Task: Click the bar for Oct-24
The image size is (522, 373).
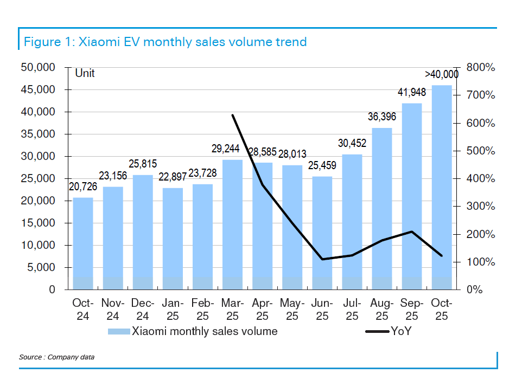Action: tap(83, 243)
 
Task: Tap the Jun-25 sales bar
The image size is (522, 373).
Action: tap(322, 233)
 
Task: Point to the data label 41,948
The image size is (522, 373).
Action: tap(411, 93)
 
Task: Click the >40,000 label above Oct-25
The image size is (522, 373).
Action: tap(441, 74)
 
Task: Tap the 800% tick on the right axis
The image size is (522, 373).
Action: tap(480, 68)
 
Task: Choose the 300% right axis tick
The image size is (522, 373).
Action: tap(480, 207)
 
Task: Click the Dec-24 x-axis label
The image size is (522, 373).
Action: tap(143, 309)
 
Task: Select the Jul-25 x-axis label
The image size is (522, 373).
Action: tap(352, 309)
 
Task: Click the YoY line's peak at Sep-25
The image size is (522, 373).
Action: tap(412, 232)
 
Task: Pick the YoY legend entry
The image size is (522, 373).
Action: tap(401, 331)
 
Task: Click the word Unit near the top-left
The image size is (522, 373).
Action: tap(85, 73)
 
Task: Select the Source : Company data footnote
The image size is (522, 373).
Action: tap(56, 357)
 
